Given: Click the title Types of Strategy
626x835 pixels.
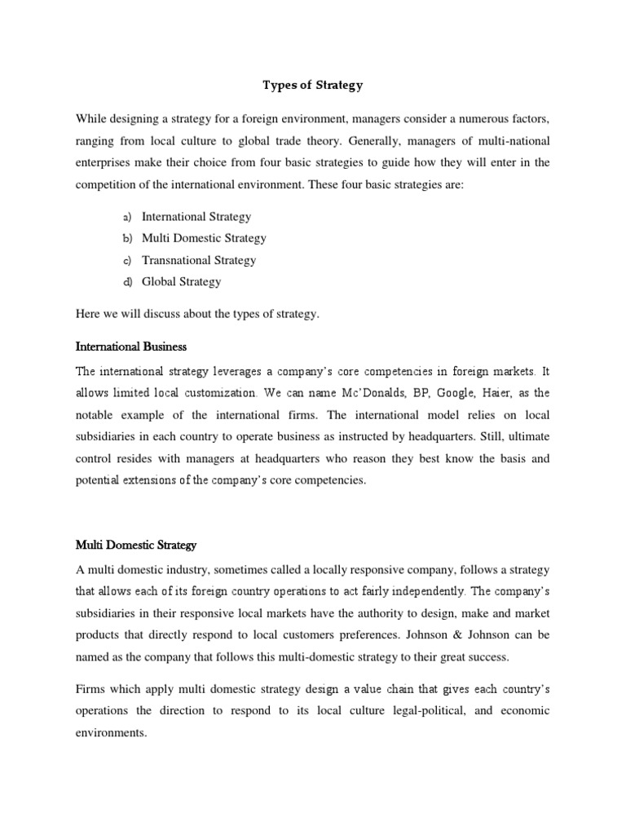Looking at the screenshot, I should [x=313, y=84].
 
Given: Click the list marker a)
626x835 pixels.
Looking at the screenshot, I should [x=127, y=218].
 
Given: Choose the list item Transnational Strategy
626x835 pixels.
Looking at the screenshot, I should [x=199, y=261].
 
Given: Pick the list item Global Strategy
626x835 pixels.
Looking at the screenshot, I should [x=181, y=282].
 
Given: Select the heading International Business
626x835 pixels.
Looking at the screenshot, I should [x=130, y=347].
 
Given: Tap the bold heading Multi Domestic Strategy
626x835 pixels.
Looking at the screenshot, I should [x=136, y=544].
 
